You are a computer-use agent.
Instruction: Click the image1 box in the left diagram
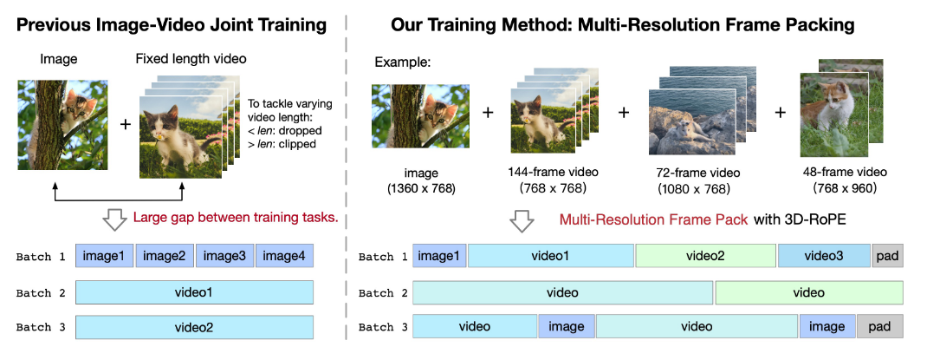[104, 256]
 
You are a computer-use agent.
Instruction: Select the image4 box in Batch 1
[283, 256]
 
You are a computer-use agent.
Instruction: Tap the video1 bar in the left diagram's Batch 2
[194, 292]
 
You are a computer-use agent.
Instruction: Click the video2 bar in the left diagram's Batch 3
[194, 328]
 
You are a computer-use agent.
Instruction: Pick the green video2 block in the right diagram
[706, 256]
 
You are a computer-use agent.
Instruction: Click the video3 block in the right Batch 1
[823, 256]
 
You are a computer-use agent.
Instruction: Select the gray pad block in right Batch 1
[887, 256]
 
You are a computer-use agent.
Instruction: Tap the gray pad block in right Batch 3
[879, 327]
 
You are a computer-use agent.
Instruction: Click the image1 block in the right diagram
[439, 256]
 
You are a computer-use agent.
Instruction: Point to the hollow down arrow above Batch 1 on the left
[114, 219]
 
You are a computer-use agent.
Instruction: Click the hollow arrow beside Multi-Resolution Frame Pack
[522, 221]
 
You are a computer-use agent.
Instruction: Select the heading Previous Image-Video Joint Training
[172, 24]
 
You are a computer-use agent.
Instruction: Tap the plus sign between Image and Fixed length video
[125, 123]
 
